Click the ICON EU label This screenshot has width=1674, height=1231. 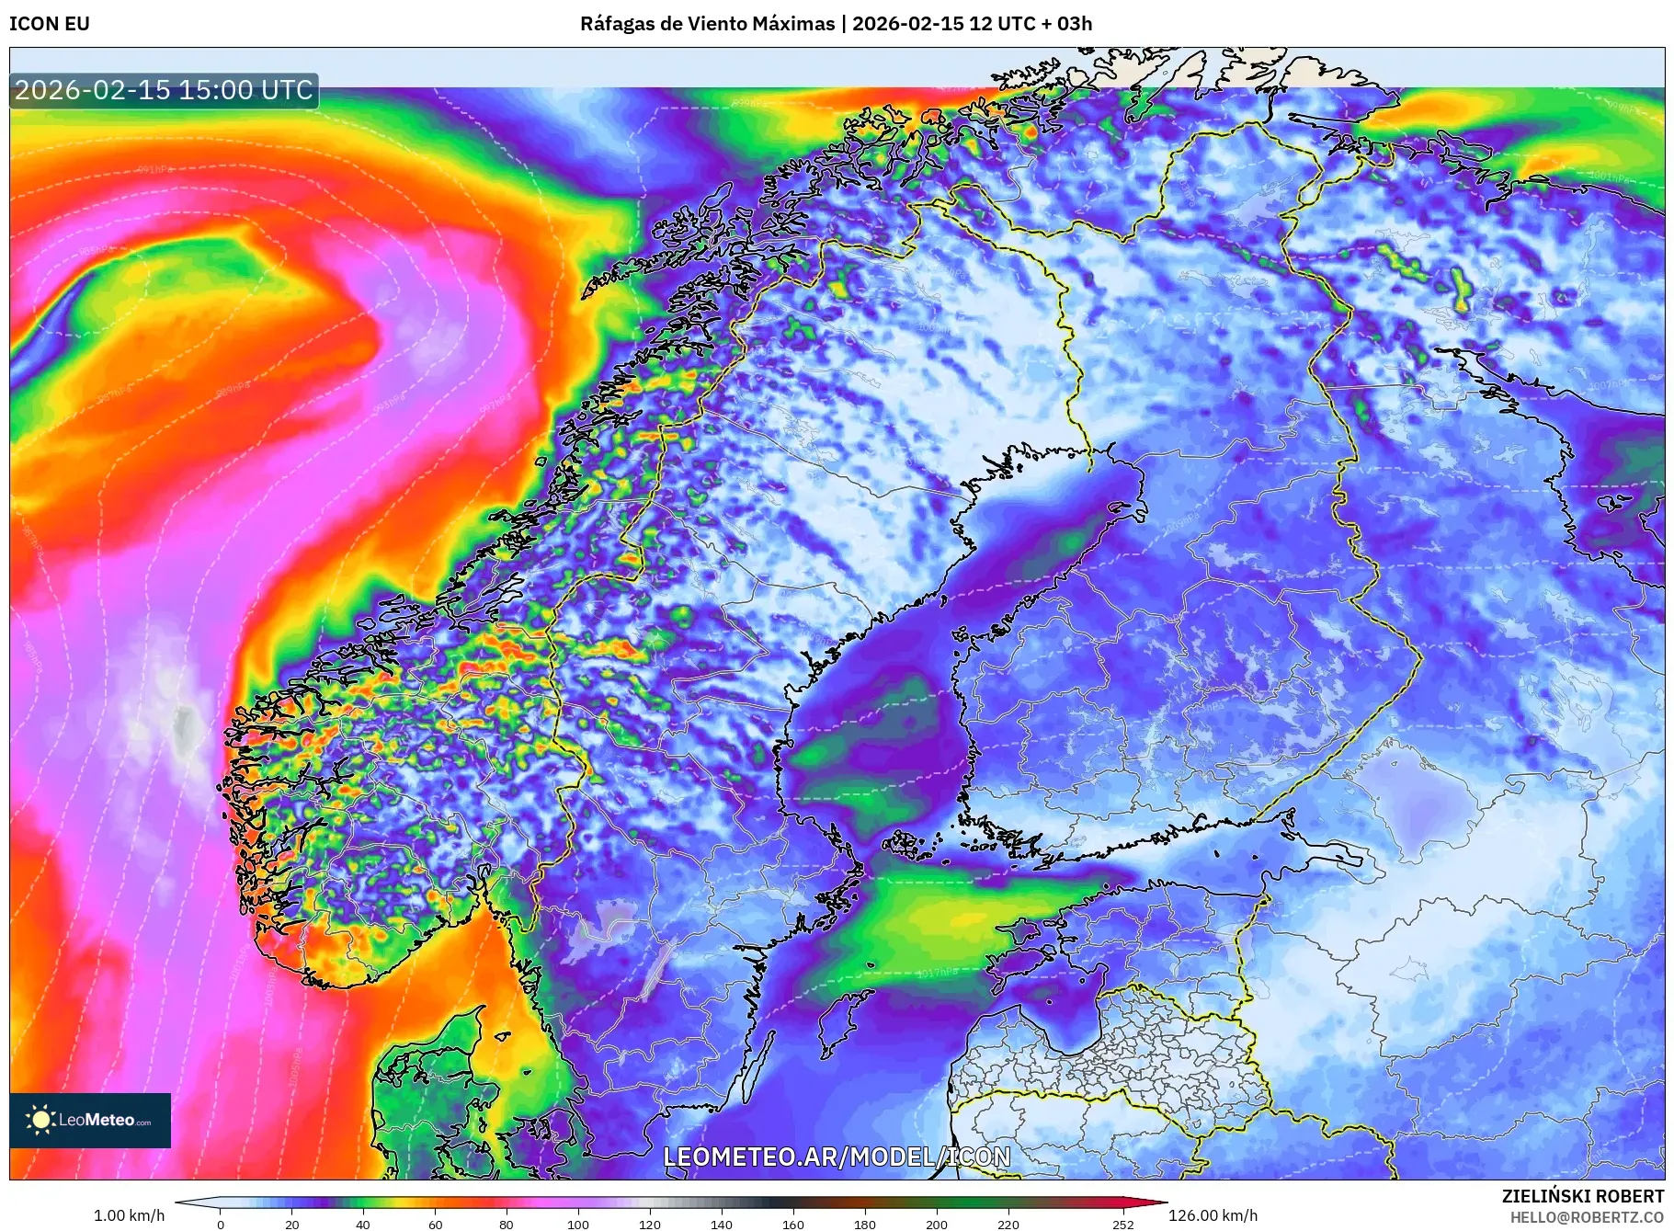click(50, 24)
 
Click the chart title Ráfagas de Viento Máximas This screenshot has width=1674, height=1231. click(707, 24)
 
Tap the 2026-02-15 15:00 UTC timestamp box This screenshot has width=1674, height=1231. click(164, 90)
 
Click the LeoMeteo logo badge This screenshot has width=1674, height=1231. click(90, 1120)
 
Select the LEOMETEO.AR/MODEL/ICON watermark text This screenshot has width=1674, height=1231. click(837, 1157)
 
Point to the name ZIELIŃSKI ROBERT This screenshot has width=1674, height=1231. click(1582, 1196)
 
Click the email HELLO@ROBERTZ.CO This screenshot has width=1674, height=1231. click(1587, 1217)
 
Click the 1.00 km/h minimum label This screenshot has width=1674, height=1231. click(129, 1215)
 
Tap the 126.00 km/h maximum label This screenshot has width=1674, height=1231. click(1213, 1215)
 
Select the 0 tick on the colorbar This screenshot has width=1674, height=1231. click(221, 1224)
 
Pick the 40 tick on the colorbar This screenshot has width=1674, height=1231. click(363, 1224)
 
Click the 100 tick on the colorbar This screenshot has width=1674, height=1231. click(578, 1224)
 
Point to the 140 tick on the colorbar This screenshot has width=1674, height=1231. click(722, 1224)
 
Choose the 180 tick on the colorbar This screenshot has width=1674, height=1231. click(865, 1224)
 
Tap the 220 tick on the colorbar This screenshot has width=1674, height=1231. click(1008, 1224)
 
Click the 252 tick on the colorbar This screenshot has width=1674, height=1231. click(1123, 1224)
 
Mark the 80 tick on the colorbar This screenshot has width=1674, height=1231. click(507, 1224)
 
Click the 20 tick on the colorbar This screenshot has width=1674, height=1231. click(292, 1224)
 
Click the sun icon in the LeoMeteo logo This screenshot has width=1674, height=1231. click(41, 1119)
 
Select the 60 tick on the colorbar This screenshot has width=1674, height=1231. click(435, 1224)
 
